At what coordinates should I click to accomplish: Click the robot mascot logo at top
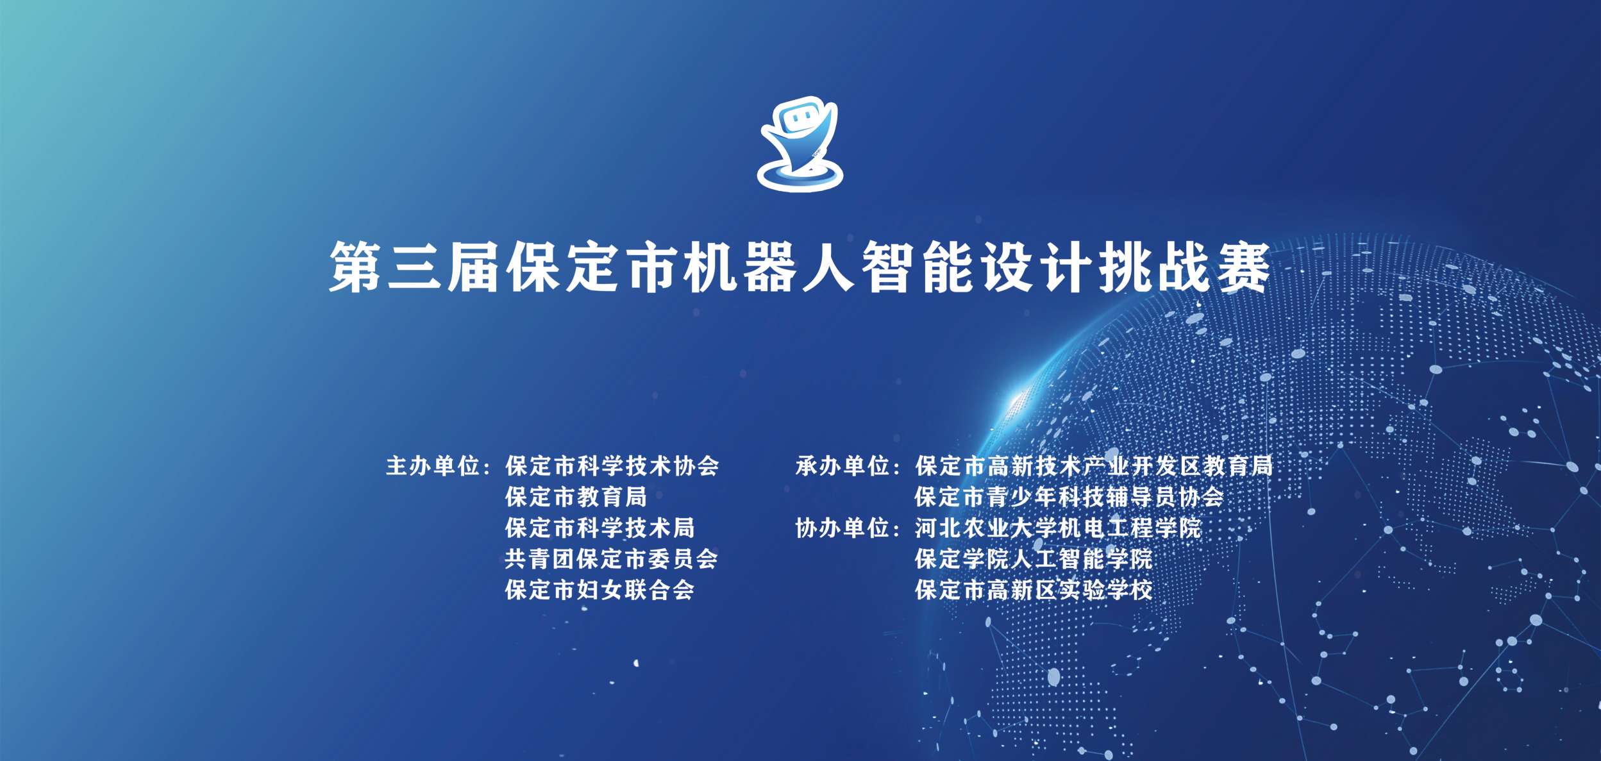[x=800, y=144]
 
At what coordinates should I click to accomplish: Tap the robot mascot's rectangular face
[x=797, y=119]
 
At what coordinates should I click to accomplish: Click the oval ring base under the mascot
[x=800, y=174]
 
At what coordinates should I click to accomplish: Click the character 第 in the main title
[x=356, y=267]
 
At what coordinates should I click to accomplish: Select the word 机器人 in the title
[x=769, y=267]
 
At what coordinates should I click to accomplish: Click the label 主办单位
[x=433, y=466]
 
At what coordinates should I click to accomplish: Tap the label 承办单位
[x=842, y=466]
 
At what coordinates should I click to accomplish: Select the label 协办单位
[x=842, y=528]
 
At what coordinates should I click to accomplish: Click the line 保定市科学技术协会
[x=612, y=466]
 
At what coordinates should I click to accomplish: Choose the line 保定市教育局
[x=576, y=497]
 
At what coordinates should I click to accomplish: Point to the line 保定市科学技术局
[x=600, y=528]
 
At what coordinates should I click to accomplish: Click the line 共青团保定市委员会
[x=612, y=559]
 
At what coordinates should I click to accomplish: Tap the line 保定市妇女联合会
[x=600, y=590]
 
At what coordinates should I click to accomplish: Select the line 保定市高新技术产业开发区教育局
[x=1094, y=466]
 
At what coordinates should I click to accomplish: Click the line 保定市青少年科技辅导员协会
[x=1069, y=497]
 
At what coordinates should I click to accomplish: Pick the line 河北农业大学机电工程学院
[x=1058, y=528]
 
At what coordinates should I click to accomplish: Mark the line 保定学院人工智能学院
[x=1034, y=559]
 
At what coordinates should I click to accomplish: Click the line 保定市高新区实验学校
[x=1034, y=590]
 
